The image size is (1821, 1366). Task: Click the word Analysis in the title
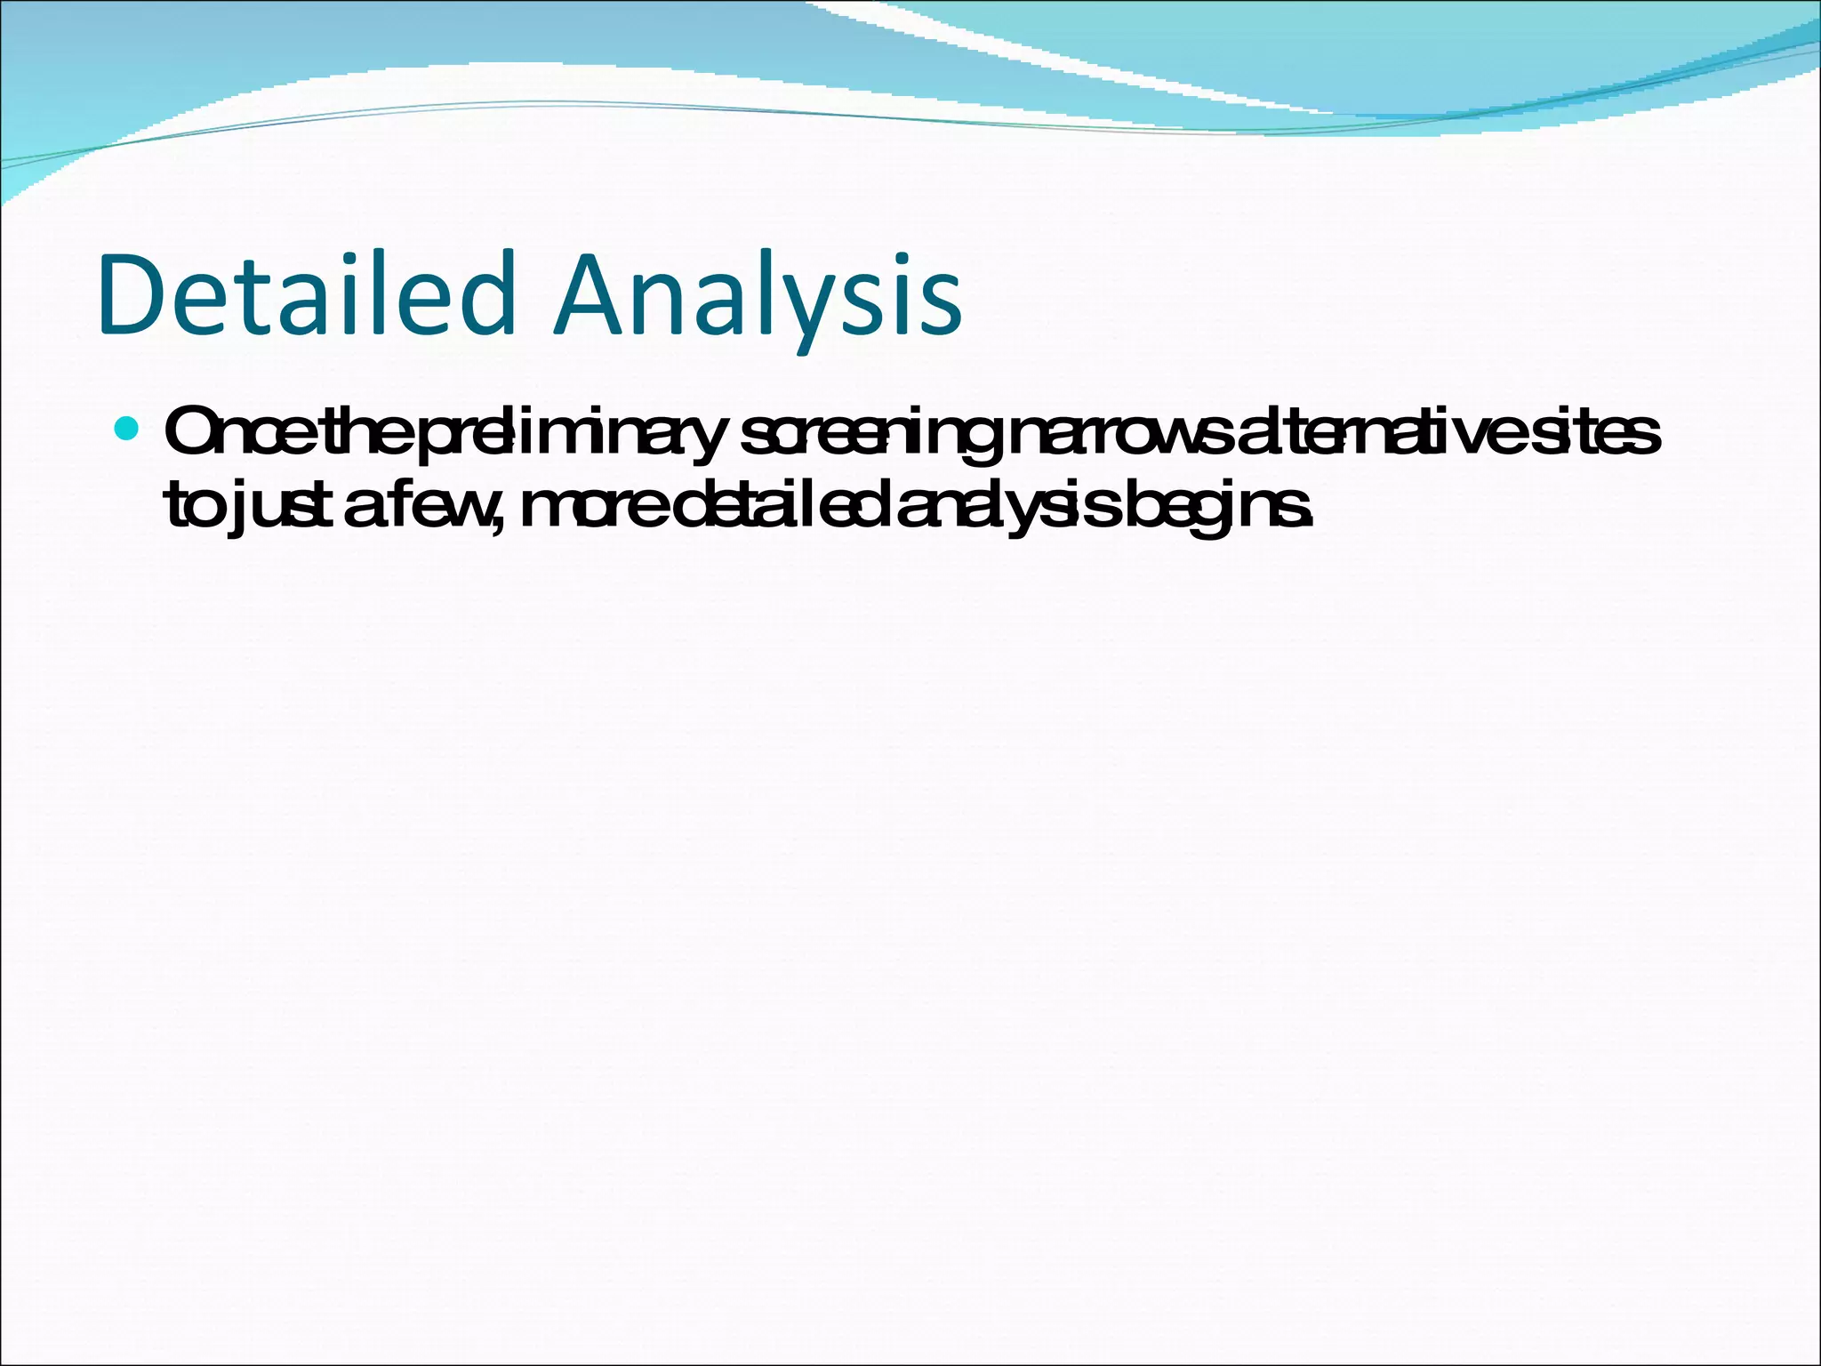point(758,296)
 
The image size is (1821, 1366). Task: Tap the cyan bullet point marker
point(128,430)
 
